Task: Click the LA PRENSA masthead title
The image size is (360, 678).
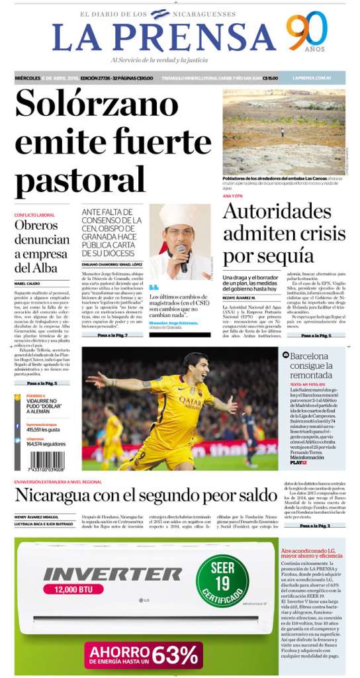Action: click(164, 37)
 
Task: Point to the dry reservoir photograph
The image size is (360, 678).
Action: click(284, 132)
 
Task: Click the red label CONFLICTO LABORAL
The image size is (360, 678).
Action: click(34, 215)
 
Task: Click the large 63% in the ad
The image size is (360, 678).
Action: click(175, 654)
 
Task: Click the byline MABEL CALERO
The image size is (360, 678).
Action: click(27, 283)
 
